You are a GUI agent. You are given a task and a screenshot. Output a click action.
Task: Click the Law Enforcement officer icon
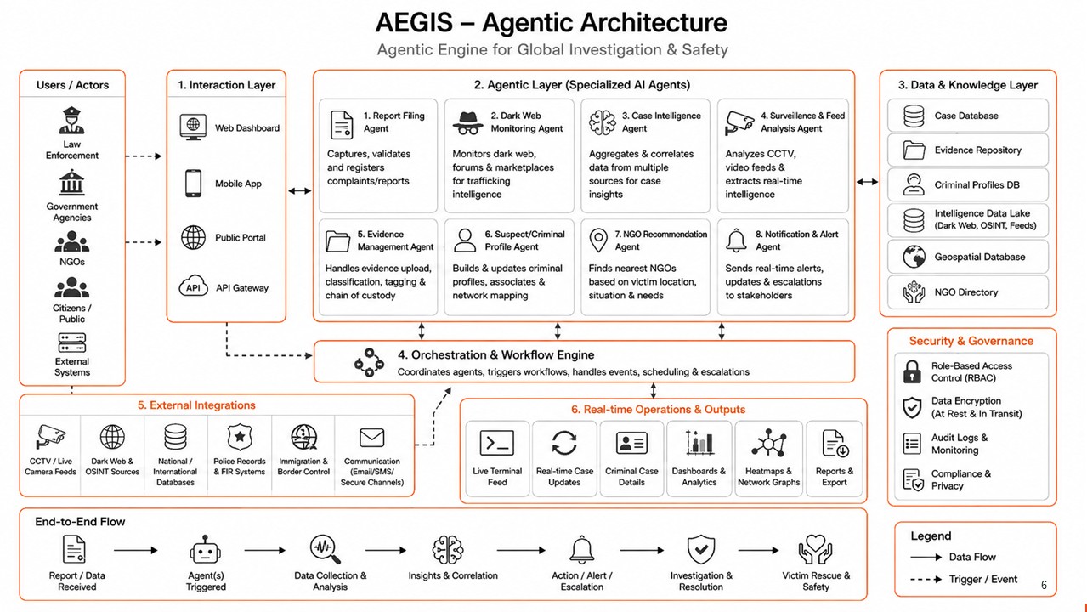coord(72,121)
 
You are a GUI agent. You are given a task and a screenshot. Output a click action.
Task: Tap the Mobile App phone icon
coord(193,184)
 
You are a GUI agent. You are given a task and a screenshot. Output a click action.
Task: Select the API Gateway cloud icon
coord(193,286)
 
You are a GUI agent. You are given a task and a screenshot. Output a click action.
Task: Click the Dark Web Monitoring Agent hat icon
coord(467,122)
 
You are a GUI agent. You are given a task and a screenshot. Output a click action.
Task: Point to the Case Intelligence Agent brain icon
coord(603,122)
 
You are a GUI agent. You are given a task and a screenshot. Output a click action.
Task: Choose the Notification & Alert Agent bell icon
coord(736,241)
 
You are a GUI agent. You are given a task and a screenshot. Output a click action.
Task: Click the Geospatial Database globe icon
coord(914,257)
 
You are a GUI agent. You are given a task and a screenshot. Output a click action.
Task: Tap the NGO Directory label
coord(966,292)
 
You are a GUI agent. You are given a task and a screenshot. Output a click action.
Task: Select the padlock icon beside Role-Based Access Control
coord(912,371)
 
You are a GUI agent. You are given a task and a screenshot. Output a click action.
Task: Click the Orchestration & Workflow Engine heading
coord(495,354)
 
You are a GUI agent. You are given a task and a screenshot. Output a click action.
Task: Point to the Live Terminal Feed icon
coord(497,443)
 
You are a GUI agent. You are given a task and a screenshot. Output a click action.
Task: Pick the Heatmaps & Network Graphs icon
coord(768,443)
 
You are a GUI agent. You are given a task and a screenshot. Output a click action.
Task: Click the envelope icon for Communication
coord(371,438)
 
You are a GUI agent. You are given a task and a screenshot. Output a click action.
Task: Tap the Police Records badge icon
coord(240,437)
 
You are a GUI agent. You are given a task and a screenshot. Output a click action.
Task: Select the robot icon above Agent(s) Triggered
coord(206,550)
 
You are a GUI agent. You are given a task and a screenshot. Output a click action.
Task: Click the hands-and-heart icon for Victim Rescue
coord(816,549)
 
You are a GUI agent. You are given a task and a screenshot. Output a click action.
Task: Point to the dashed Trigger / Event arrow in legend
coord(926,579)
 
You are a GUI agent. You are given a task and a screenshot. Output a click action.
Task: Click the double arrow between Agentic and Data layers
coord(867,182)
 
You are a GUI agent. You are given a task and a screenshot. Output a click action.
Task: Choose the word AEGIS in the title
coord(414,22)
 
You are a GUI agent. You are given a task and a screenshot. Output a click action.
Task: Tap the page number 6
coord(1044,585)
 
